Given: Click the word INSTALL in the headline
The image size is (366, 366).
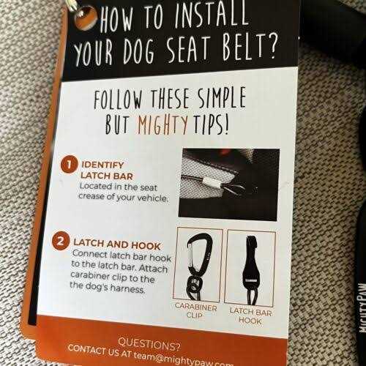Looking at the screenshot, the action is [212, 16].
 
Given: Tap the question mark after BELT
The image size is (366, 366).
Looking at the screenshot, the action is [272, 48].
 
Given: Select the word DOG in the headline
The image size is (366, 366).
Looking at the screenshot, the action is [139, 53].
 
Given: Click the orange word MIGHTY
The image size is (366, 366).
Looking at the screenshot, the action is [163, 125].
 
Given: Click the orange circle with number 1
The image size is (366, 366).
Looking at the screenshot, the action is [69, 165].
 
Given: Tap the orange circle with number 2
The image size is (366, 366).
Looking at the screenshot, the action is [61, 242].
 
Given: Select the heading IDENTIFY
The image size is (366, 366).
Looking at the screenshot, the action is [102, 165].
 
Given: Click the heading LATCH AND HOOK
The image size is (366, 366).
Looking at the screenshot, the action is [117, 244].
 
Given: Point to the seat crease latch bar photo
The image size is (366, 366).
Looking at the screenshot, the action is [229, 184].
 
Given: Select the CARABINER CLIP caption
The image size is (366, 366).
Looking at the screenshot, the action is [195, 311].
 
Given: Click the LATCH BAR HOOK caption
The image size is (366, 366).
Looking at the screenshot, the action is [250, 315].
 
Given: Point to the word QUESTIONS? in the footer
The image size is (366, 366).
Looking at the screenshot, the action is [149, 343].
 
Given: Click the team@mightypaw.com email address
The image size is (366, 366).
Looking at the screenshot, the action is [184, 361].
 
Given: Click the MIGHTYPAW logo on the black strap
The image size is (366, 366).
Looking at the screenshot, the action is [362, 307].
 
